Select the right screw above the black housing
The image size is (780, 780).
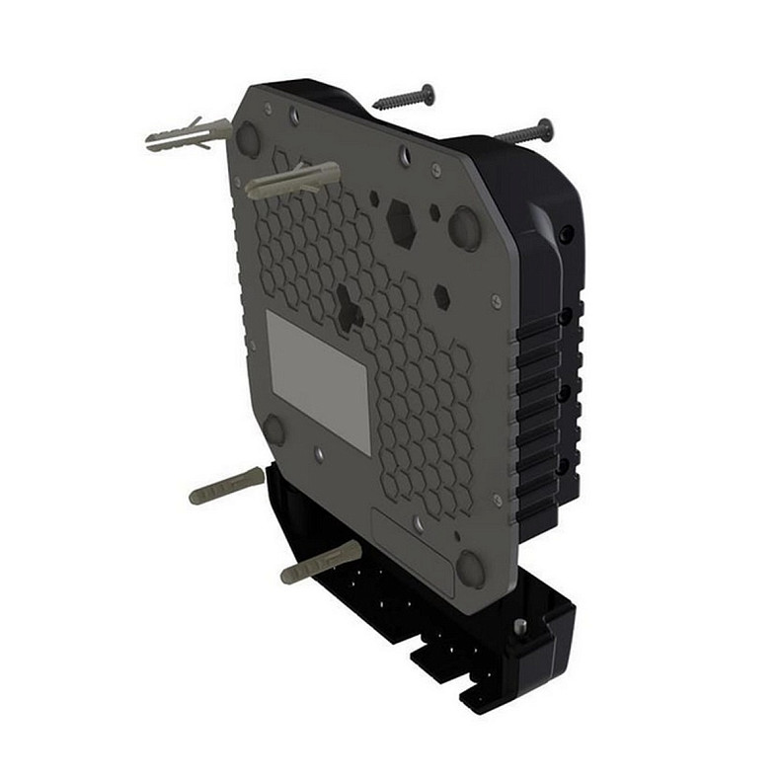pyautogui.click(x=524, y=131)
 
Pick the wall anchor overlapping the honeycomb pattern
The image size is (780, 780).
pyautogui.click(x=292, y=180)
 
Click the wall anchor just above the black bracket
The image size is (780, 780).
pyautogui.click(x=226, y=485)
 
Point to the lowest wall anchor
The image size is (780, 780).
pyautogui.click(x=321, y=562)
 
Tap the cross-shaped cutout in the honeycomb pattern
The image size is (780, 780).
pyautogui.click(x=348, y=307)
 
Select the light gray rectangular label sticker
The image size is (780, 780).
pyautogui.click(x=319, y=381)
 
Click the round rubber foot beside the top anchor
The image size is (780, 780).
pyautogui.click(x=248, y=139)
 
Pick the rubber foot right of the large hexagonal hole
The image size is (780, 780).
pyautogui.click(x=464, y=227)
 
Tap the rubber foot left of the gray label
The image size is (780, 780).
pyautogui.click(x=273, y=429)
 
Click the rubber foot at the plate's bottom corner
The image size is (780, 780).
pyautogui.click(x=470, y=570)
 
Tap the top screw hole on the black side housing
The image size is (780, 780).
pyautogui.click(x=565, y=235)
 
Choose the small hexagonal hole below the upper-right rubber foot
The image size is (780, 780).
pyautogui.click(x=442, y=295)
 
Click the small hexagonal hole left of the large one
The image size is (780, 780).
pyautogui.click(x=374, y=198)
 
